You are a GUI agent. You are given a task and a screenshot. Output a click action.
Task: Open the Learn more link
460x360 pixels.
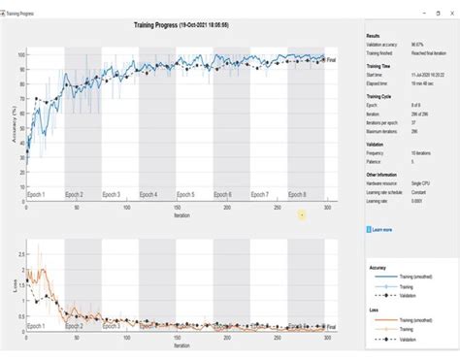click(x=382, y=230)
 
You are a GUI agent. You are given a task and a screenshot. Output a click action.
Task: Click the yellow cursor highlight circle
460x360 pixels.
click(x=303, y=214)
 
